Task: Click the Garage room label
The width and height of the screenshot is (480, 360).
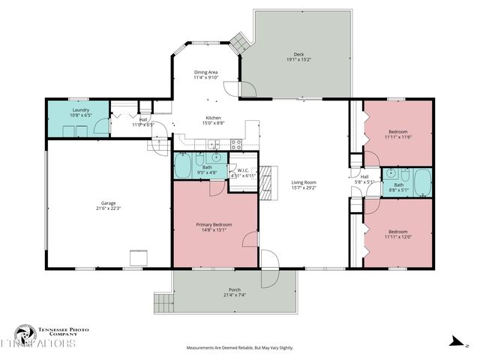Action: click(x=109, y=203)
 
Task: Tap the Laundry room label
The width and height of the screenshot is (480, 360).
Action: click(x=79, y=109)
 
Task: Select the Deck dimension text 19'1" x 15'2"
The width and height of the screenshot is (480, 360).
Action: click(x=298, y=59)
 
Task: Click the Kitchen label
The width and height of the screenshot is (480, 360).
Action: click(x=214, y=118)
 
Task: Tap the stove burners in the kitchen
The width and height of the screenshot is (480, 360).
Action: click(x=236, y=143)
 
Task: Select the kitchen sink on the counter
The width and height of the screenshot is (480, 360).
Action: click(x=214, y=143)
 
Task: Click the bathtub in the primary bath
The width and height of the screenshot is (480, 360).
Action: click(x=182, y=166)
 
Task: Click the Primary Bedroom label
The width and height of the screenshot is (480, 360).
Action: click(x=214, y=224)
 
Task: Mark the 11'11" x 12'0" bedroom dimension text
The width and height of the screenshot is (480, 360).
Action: click(x=397, y=236)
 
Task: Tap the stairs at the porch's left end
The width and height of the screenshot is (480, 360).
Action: click(x=163, y=304)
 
